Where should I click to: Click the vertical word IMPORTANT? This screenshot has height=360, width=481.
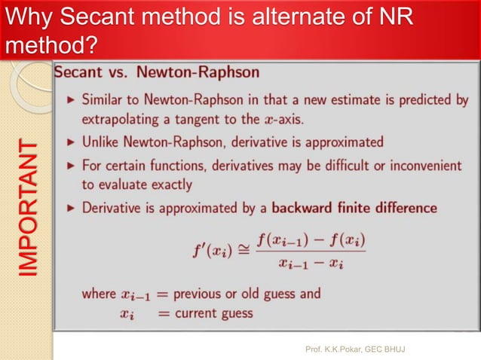click(28, 207)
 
